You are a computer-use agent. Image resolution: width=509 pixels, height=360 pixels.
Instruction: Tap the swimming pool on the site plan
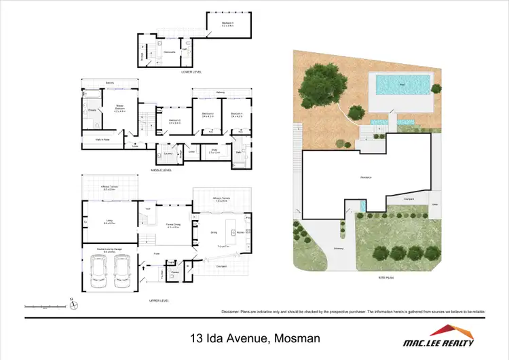coord(403,85)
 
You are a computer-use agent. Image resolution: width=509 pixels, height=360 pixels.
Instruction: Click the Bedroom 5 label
coord(227,24)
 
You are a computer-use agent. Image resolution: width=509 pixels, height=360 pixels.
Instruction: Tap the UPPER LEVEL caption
coord(159,300)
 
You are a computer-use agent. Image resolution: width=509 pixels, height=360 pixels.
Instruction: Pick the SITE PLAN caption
coord(386,278)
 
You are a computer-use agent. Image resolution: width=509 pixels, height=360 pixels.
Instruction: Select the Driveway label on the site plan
coord(338,248)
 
